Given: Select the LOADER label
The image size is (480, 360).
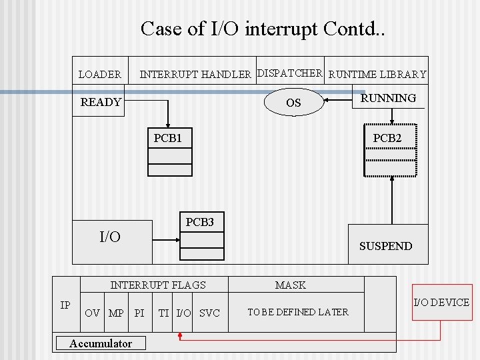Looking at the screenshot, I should [x=100, y=75].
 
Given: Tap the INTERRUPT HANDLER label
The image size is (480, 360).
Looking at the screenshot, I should [x=195, y=75].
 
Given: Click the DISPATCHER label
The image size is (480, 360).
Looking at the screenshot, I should [x=290, y=73].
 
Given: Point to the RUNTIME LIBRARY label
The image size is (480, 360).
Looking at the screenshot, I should [x=378, y=75].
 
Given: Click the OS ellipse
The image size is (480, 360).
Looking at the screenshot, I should [x=293, y=103].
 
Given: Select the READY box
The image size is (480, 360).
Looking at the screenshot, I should [x=101, y=102].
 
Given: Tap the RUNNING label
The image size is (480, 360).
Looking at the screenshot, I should [x=388, y=98].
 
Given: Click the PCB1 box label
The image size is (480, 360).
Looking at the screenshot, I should [x=168, y=138].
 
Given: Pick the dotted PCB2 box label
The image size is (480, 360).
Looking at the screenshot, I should [x=387, y=138].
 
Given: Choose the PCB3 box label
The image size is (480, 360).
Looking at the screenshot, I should [x=199, y=222].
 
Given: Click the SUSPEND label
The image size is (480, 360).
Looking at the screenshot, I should [x=385, y=246].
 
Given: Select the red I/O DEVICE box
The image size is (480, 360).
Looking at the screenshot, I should [x=441, y=303].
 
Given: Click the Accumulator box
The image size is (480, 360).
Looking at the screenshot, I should [x=101, y=343].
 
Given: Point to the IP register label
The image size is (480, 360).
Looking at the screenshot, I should [x=65, y=305].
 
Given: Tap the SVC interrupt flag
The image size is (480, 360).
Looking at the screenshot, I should [x=209, y=313].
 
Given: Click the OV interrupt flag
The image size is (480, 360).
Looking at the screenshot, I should [x=93, y=313].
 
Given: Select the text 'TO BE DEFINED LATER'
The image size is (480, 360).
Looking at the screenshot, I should [x=297, y=312].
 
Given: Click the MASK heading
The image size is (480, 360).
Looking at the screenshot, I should [x=291, y=285].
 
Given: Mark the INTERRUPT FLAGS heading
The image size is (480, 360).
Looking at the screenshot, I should [x=158, y=285].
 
